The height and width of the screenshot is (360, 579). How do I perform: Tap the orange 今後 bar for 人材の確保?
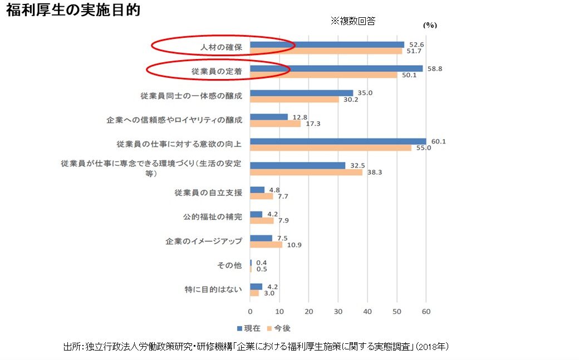(326, 51)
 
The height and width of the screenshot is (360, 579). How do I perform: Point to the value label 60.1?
(439, 141)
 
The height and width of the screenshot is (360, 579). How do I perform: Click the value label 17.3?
(313, 124)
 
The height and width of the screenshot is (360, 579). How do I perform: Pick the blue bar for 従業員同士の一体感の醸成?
(301, 93)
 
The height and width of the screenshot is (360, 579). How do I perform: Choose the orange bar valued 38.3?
(306, 172)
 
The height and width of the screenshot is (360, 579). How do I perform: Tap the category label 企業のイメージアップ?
(204, 241)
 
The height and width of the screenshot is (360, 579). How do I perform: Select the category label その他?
(229, 265)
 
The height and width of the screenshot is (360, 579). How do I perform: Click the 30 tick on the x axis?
(338, 312)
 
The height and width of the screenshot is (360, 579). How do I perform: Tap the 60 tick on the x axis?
(426, 312)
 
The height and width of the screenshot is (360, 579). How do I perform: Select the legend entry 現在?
(249, 328)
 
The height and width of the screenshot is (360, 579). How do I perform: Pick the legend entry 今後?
(278, 328)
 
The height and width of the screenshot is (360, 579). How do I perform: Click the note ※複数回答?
(353, 21)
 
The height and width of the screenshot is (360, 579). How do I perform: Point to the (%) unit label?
(430, 25)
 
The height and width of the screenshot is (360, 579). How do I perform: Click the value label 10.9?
(295, 245)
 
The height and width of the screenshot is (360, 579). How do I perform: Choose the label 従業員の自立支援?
(208, 193)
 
